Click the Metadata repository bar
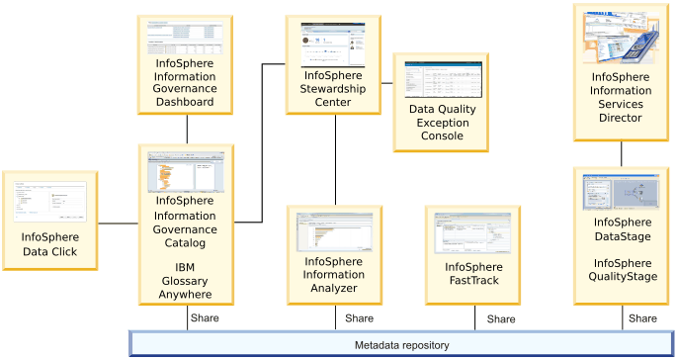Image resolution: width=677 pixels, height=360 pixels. click(402, 345)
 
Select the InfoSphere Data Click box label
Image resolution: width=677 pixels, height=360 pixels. click(50, 244)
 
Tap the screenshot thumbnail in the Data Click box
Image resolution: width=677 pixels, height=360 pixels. click(50, 202)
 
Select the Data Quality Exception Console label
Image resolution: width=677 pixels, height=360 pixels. click(442, 123)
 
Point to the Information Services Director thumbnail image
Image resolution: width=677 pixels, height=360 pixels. click(623, 37)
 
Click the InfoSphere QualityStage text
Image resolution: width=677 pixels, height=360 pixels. click(623, 270)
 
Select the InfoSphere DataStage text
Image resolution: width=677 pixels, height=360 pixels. click(623, 230)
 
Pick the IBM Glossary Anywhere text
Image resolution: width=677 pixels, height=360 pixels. click(186, 281)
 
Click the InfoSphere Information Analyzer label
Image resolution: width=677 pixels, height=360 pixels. click(335, 274)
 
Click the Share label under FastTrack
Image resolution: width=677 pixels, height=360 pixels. click(500, 319)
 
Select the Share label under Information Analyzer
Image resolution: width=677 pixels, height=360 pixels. click(359, 318)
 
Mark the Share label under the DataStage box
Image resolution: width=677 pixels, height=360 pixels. click(642, 318)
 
